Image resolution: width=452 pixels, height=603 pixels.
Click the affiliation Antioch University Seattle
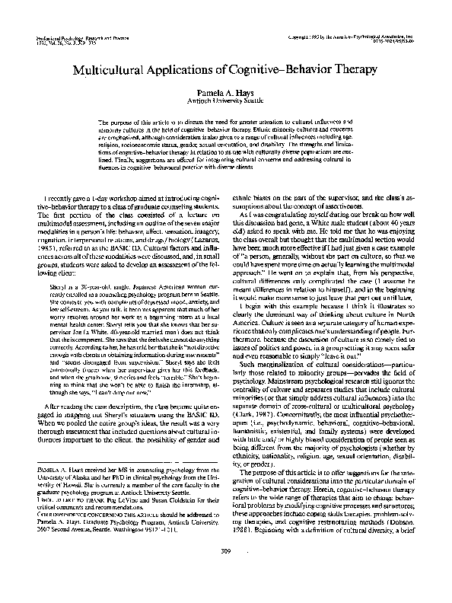[226, 99]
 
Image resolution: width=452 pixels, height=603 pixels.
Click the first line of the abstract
[226, 123]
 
